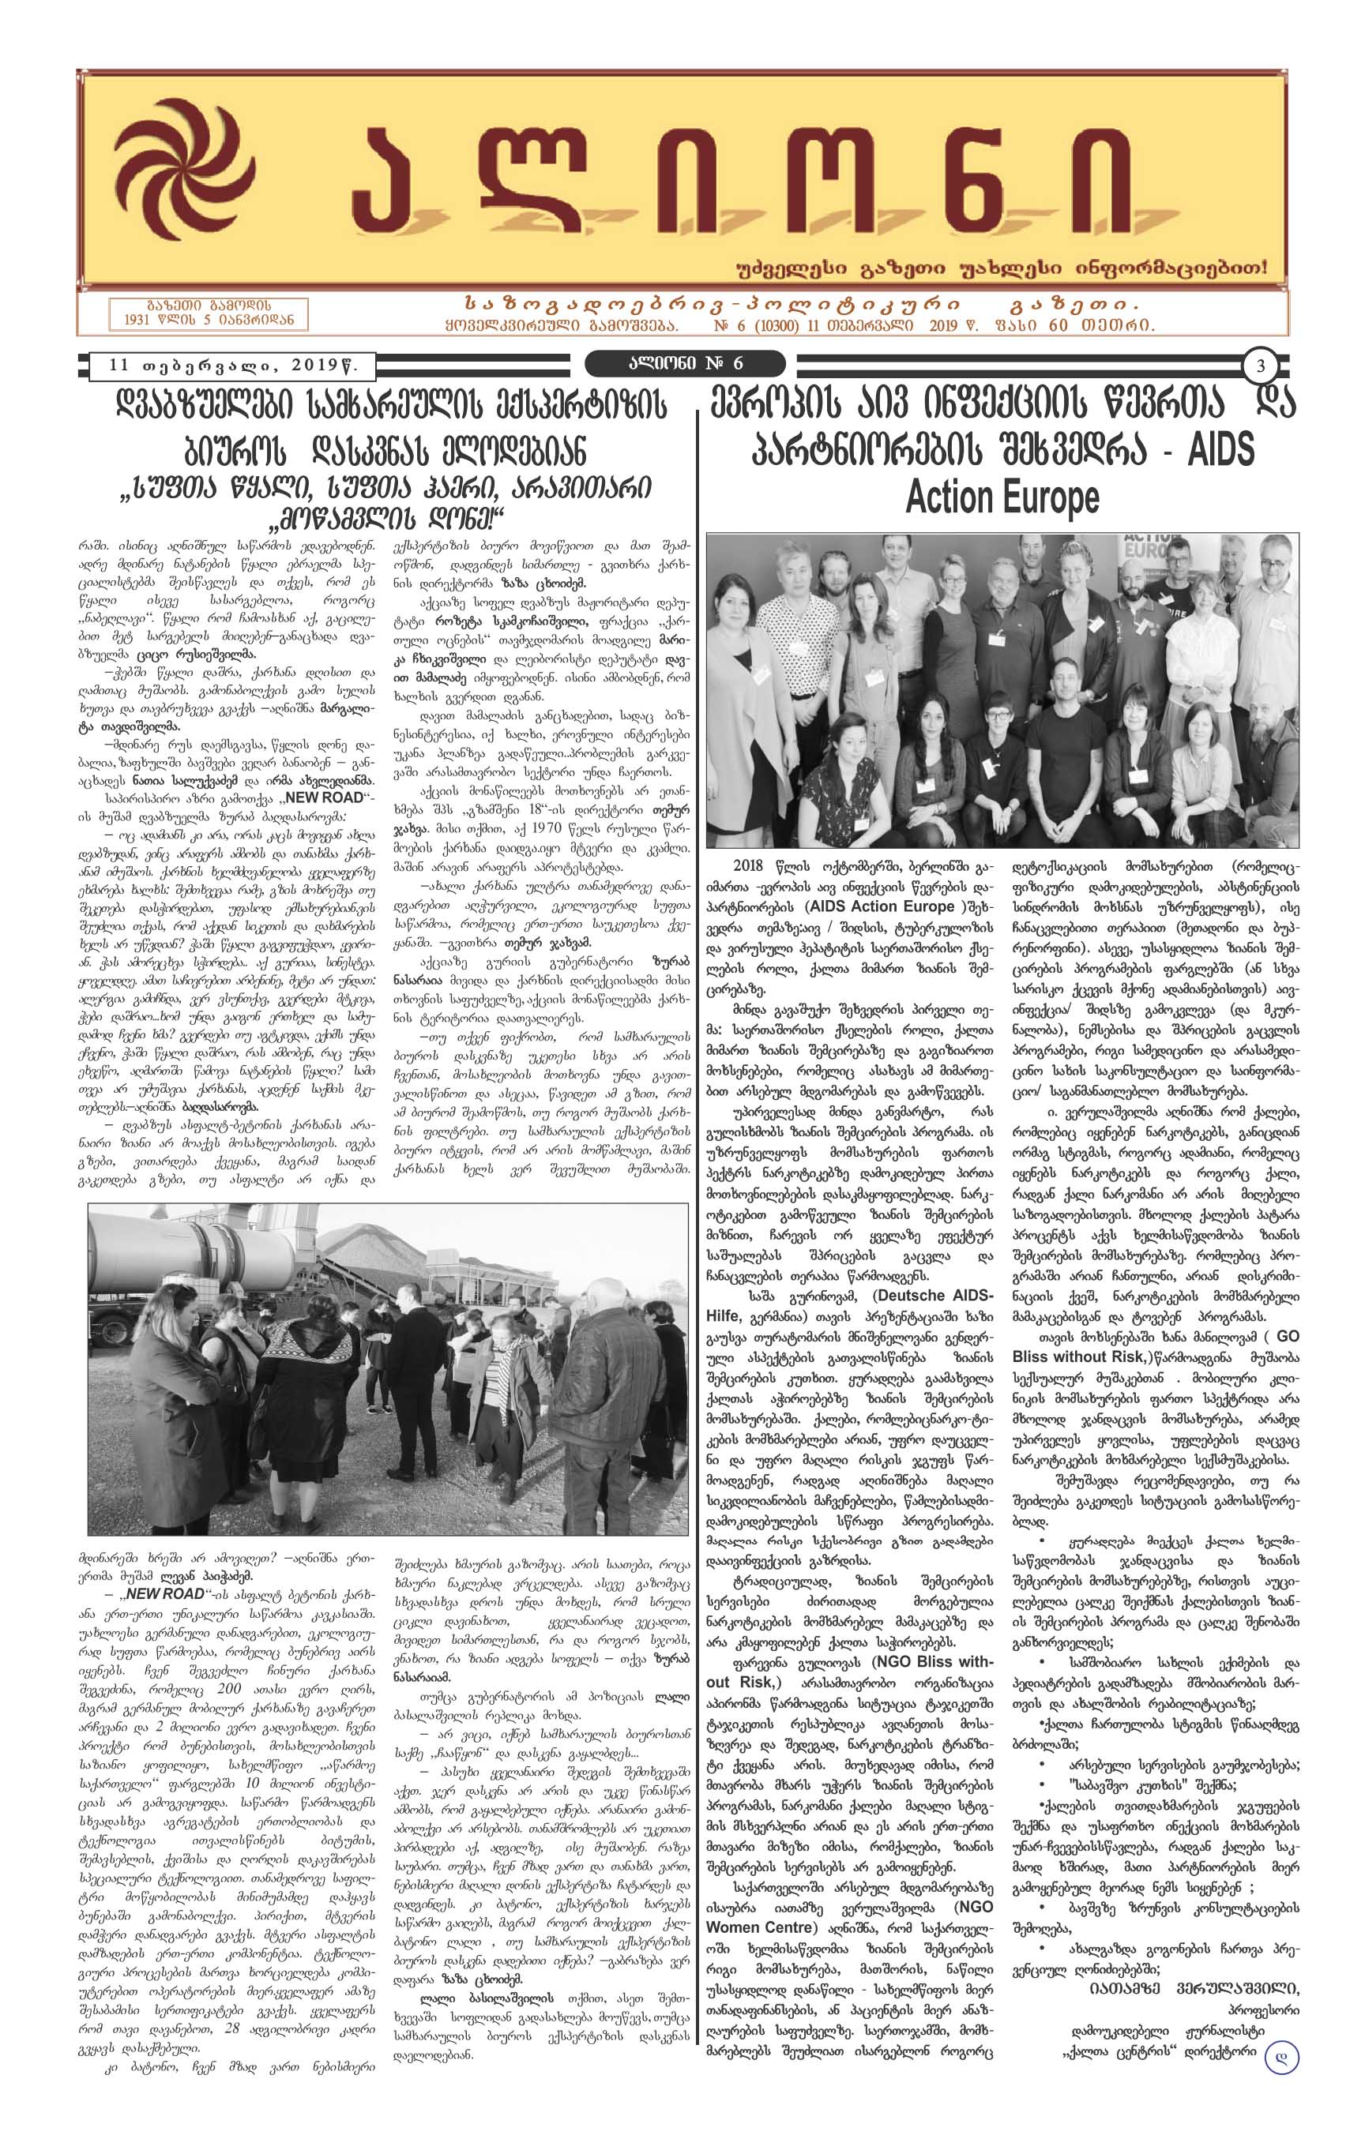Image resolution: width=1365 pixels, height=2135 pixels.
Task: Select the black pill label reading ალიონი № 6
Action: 685,363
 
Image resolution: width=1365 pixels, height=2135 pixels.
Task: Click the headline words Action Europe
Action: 1002,497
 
